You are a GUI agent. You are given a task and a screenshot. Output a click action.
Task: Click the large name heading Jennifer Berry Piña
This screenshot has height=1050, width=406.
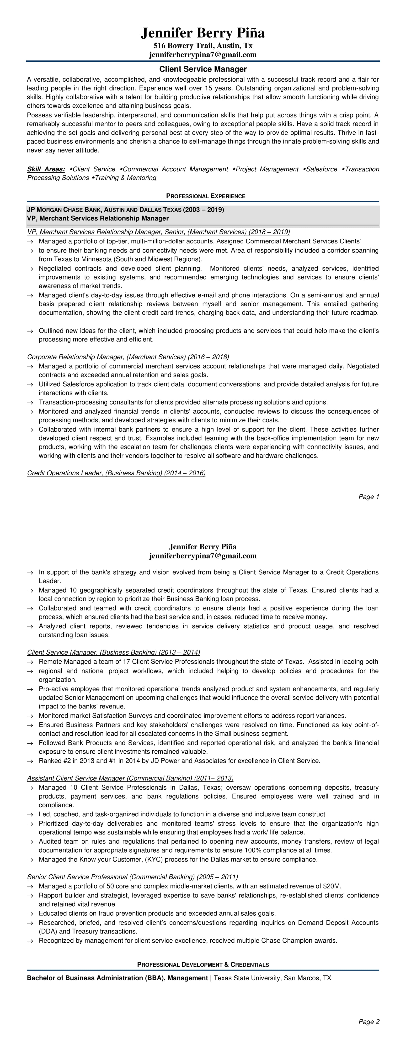click(x=203, y=33)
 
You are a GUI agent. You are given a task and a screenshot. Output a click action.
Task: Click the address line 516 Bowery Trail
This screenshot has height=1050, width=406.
click(x=203, y=46)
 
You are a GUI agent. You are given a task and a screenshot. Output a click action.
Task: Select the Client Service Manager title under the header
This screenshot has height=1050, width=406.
click(x=203, y=69)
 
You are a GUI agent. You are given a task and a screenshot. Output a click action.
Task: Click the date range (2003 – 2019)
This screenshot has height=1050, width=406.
click(x=204, y=210)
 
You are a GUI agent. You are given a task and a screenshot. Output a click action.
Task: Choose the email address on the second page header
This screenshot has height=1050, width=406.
click(x=203, y=556)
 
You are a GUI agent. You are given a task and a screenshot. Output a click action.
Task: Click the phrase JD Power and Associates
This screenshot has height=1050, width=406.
click(x=186, y=761)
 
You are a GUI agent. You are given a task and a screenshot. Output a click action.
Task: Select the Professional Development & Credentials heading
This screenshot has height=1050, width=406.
click(x=203, y=965)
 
